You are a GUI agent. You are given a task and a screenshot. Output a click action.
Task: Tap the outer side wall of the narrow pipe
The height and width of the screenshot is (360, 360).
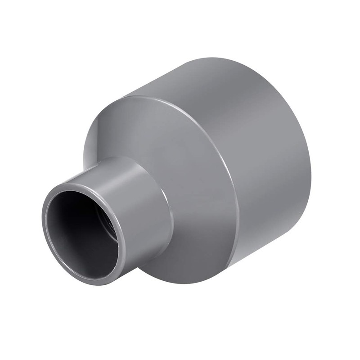[144, 211]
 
